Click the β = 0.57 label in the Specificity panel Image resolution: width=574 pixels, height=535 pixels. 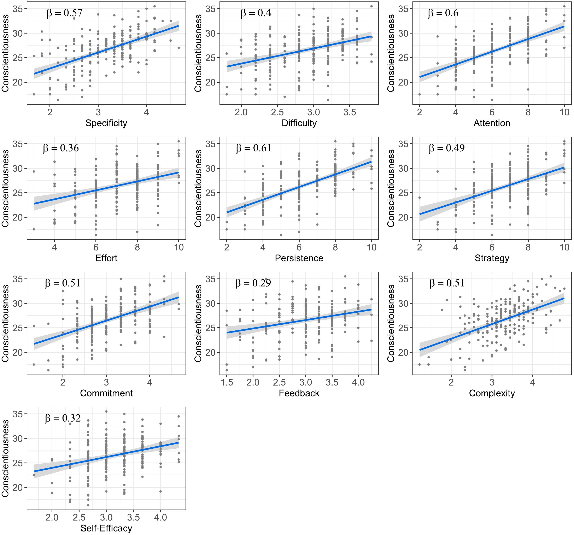[64, 13]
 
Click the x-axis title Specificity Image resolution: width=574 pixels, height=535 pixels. [106, 123]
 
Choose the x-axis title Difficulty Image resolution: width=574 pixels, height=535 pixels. [299, 123]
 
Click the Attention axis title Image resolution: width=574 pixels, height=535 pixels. [492, 123]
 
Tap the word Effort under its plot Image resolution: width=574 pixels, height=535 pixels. [106, 258]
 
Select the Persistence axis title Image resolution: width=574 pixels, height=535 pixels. [299, 258]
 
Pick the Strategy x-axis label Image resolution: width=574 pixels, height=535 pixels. [492, 258]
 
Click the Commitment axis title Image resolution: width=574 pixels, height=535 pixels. [106, 393]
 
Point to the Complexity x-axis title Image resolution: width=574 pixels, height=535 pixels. [492, 393]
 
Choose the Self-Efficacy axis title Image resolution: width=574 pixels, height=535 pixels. [106, 528]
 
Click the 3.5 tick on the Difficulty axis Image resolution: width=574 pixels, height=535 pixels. [350, 112]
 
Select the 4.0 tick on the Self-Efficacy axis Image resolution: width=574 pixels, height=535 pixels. [160, 517]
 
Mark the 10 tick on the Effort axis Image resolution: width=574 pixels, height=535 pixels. [179, 247]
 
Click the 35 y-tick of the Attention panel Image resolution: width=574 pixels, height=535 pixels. [403, 9]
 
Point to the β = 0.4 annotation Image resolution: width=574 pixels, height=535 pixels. [256, 13]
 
